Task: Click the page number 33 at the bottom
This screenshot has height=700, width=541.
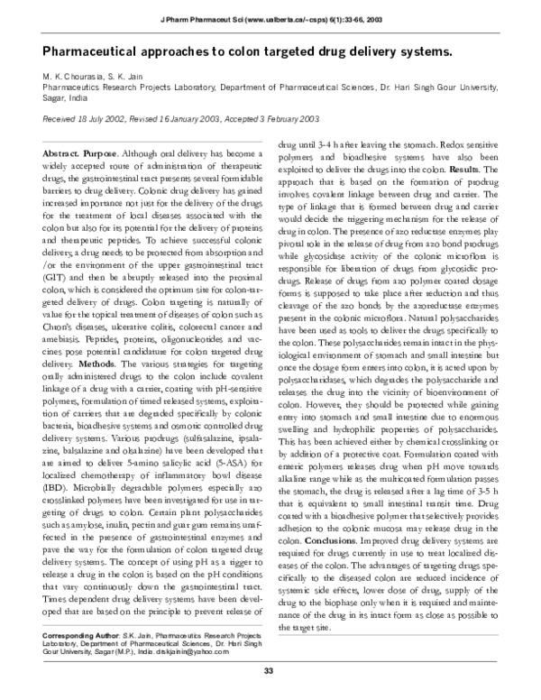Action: click(x=269, y=671)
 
